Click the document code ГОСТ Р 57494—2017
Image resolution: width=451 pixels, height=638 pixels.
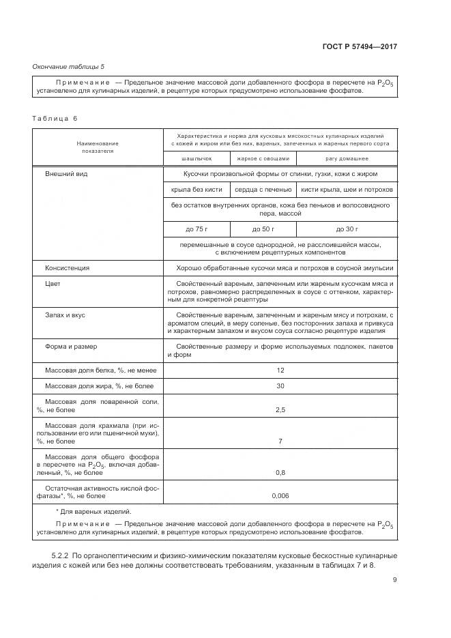pos(360,46)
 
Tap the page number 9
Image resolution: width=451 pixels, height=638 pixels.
pos(394,580)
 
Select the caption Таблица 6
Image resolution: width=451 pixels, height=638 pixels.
pos(55,118)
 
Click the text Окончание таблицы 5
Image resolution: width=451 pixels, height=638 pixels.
pos(69,66)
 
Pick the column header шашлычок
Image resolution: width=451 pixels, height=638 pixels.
pos(197,158)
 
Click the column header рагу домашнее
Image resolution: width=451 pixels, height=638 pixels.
pos(347,158)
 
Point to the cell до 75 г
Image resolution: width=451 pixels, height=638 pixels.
pos(197,229)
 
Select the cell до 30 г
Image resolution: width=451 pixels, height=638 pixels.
pos(347,229)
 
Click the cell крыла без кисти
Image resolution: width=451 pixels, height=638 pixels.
pos(197,189)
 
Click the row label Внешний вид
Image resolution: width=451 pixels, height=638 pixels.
pos(66,174)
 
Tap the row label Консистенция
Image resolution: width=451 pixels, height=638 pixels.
pos(67,268)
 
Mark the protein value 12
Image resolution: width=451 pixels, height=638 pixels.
pos(280,370)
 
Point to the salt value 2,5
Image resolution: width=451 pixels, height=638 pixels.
pos(280,409)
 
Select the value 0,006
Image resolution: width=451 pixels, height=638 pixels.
pos(280,495)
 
